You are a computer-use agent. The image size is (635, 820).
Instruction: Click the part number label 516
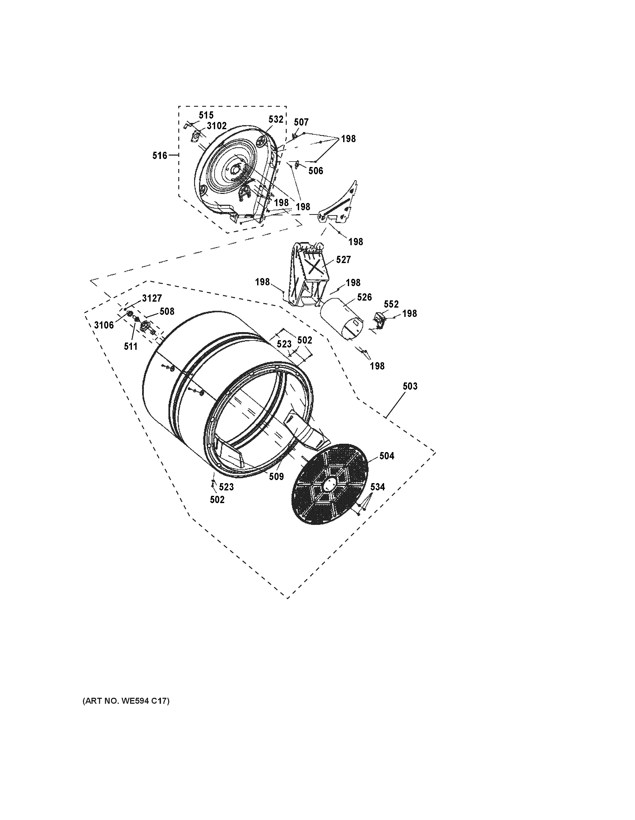click(x=159, y=155)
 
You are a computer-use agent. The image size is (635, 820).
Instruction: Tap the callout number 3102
click(x=216, y=126)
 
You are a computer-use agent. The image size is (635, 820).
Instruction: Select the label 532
click(x=276, y=119)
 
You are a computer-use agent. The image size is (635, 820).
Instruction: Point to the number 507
click(x=301, y=122)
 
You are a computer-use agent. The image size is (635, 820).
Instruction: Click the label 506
click(x=316, y=171)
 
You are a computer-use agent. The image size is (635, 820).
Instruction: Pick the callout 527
click(x=343, y=259)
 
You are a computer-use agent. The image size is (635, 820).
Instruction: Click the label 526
click(x=364, y=297)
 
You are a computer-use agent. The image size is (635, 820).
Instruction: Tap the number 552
click(x=391, y=304)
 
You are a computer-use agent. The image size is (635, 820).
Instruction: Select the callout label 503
click(x=410, y=386)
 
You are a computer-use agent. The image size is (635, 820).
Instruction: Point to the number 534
click(x=378, y=487)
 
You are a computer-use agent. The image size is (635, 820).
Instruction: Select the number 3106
click(x=104, y=325)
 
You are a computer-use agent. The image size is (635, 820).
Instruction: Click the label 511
click(x=131, y=346)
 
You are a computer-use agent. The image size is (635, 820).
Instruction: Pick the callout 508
click(x=167, y=311)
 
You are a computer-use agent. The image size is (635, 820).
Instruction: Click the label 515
click(x=206, y=115)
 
